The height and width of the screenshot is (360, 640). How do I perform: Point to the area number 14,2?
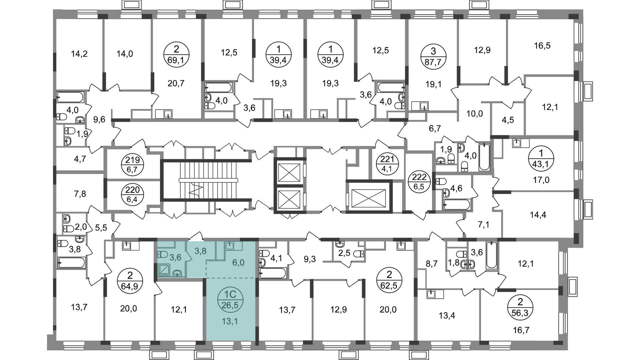(79, 53)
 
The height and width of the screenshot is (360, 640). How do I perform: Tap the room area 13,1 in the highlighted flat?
(231, 322)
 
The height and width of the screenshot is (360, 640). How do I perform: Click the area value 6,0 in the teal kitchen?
(238, 263)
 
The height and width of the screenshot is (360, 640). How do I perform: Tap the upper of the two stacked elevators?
(289, 172)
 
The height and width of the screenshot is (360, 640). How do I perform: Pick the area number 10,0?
(475, 114)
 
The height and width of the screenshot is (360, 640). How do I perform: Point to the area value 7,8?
(79, 194)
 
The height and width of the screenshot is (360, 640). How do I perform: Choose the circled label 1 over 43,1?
(541, 159)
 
